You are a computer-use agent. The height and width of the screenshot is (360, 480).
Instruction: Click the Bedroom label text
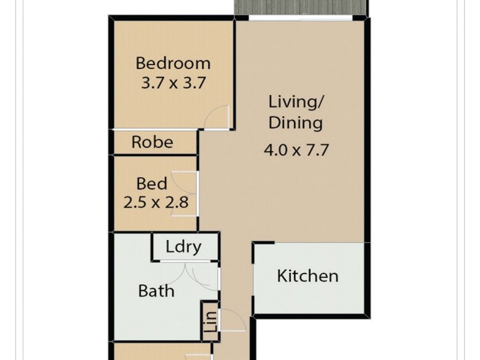click(173, 62)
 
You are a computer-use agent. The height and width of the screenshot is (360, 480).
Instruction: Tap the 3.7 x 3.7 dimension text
click(173, 82)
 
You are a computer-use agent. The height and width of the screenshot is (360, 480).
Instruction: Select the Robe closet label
click(152, 142)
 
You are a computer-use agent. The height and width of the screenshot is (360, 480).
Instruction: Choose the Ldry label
click(183, 247)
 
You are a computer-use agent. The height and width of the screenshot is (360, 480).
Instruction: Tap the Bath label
click(156, 291)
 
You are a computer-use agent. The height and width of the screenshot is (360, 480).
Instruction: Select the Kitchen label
click(308, 276)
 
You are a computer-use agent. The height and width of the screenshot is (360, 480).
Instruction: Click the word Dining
click(295, 123)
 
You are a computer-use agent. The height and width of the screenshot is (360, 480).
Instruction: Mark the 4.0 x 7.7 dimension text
click(296, 149)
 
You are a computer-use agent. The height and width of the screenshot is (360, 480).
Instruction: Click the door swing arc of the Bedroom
click(217, 116)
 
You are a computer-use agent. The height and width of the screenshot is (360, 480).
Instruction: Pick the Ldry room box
click(184, 247)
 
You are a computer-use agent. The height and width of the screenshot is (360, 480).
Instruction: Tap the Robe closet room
click(152, 142)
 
